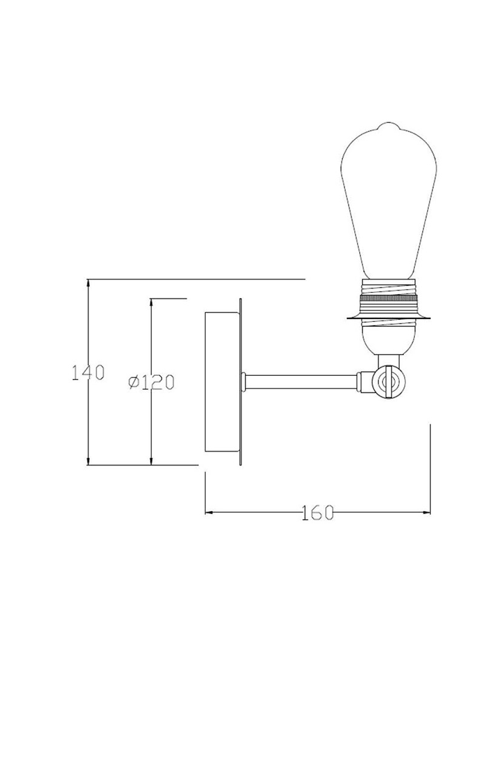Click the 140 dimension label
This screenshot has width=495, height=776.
(x=88, y=373)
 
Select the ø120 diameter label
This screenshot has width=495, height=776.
(x=151, y=383)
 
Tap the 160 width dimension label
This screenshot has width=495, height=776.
(x=317, y=512)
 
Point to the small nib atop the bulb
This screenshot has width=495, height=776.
(x=389, y=125)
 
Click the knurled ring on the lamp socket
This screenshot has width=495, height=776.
(x=389, y=299)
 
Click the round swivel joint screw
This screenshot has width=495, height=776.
(x=388, y=383)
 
